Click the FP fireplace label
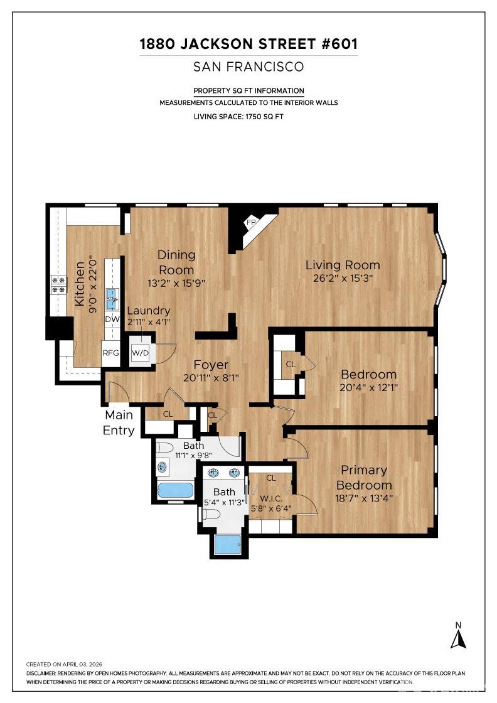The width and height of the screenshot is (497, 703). (250, 222)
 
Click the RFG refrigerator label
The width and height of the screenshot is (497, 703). (110, 353)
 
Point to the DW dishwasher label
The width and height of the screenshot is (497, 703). (112, 319)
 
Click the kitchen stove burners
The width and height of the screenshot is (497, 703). (58, 285)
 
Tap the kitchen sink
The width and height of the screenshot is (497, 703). (112, 299)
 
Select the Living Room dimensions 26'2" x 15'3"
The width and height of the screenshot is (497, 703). (343, 279)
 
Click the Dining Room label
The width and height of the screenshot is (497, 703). (176, 262)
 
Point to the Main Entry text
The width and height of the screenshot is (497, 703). (119, 422)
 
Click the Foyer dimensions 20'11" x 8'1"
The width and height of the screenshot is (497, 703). (211, 378)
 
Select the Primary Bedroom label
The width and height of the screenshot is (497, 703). (364, 478)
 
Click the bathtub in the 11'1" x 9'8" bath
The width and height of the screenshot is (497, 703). (175, 490)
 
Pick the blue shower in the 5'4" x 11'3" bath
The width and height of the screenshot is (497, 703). (227, 543)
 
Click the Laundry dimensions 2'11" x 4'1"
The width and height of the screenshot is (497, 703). (149, 321)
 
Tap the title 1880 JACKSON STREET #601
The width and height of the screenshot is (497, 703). (249, 45)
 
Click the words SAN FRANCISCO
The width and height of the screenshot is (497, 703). (249, 67)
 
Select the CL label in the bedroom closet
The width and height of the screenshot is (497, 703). (291, 363)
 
